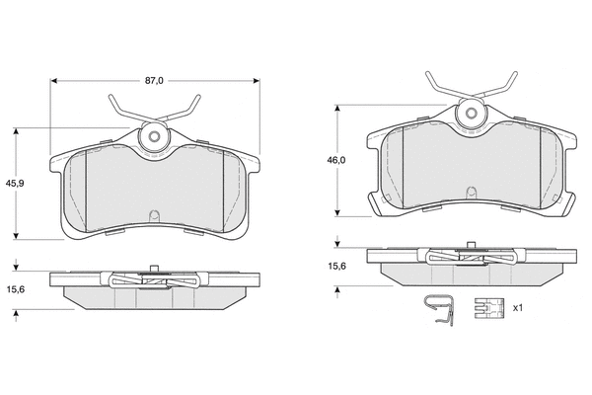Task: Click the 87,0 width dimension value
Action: click(x=155, y=81)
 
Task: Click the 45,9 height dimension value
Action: click(x=15, y=184)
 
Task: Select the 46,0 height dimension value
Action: click(x=336, y=160)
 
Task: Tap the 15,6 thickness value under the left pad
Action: click(x=16, y=289)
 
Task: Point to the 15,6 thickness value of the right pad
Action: click(x=336, y=266)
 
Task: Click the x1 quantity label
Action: click(x=518, y=308)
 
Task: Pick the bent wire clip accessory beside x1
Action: click(x=439, y=309)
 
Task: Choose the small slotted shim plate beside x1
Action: click(x=489, y=308)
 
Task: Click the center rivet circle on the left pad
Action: click(x=154, y=136)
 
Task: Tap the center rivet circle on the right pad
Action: click(x=472, y=113)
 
